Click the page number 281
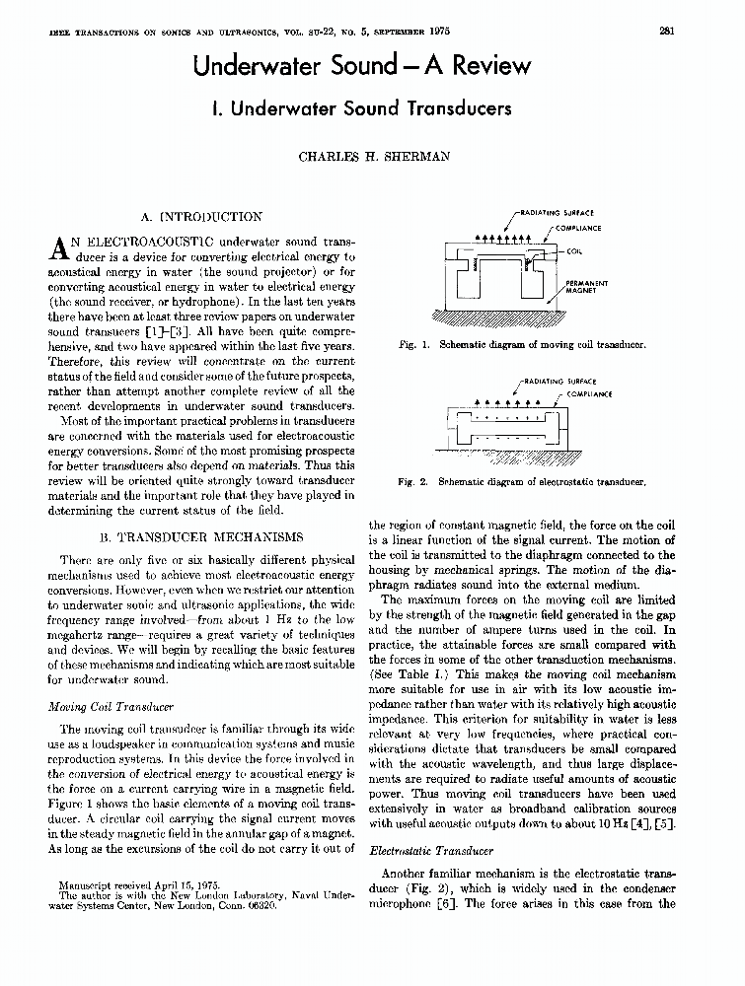click(666, 29)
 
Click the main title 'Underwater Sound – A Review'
click(362, 66)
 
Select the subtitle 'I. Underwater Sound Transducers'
click(362, 108)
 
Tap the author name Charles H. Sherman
click(362, 155)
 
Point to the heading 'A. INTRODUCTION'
click(202, 217)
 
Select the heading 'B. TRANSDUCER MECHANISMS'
click(202, 537)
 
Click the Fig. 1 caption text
click(521, 346)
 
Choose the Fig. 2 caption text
click(521, 482)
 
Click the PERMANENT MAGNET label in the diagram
click(587, 287)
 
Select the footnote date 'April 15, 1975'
click(187, 885)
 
